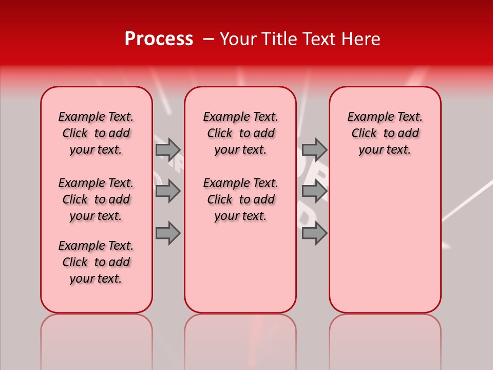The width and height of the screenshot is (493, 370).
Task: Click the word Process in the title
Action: point(159,39)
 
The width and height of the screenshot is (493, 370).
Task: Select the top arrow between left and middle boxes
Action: point(168,150)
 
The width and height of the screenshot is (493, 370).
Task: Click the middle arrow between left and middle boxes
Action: point(168,191)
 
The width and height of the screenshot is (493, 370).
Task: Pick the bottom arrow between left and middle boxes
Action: point(168,233)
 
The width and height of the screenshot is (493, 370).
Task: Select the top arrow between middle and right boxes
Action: point(314,150)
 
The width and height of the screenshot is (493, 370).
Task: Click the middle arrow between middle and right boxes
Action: point(314,191)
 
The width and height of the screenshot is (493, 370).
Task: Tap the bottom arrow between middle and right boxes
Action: point(314,233)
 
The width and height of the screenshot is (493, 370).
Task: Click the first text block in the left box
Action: point(96,133)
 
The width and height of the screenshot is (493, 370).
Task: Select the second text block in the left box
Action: point(96,199)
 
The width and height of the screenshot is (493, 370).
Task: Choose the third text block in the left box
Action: point(96,262)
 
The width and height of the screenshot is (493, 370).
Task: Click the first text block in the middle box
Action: point(241,133)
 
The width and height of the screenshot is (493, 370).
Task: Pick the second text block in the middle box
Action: point(241,199)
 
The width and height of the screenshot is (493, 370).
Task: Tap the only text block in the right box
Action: point(385,133)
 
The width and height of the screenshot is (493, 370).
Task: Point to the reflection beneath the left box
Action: point(97,339)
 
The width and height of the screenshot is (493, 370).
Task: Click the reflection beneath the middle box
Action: point(240,339)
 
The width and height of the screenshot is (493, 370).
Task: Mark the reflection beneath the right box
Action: point(385,339)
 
